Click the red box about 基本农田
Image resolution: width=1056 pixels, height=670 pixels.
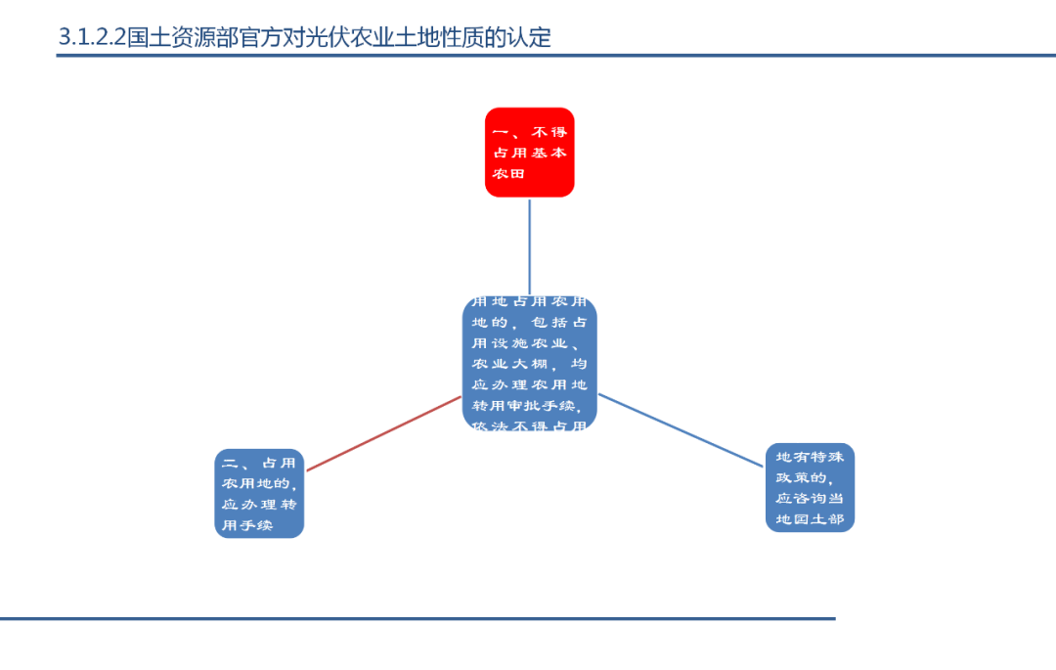529,152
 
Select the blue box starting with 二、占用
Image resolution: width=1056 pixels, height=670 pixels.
259,494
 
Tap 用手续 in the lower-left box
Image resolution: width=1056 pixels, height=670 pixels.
246,526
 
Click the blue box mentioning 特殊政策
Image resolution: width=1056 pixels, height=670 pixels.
810,487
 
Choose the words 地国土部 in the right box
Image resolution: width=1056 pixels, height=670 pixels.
810,519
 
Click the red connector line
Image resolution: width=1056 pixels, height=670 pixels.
383,433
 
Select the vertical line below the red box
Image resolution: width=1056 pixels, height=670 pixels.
530,246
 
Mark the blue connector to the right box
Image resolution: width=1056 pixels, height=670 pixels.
682,430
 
